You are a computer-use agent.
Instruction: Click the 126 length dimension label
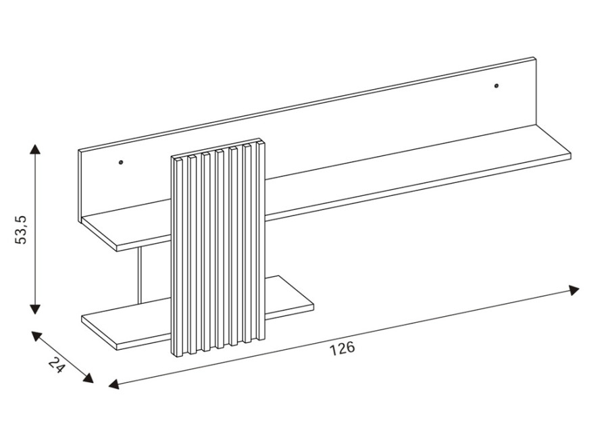tap(343, 348)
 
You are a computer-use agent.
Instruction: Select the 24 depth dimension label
tap(57, 365)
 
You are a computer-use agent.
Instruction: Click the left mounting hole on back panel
tap(121, 162)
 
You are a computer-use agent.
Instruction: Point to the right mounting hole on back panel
tap(497, 86)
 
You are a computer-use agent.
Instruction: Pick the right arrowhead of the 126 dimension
tap(575, 290)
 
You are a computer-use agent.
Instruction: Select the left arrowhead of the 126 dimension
tap(113, 384)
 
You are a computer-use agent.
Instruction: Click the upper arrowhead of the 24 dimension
tap(34, 334)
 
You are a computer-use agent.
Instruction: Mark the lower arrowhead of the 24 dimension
tap(88, 379)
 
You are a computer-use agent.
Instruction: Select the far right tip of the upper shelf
tap(571, 154)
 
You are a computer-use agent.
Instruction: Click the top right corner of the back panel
tap(536, 57)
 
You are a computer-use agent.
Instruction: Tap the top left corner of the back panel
tap(78, 150)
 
